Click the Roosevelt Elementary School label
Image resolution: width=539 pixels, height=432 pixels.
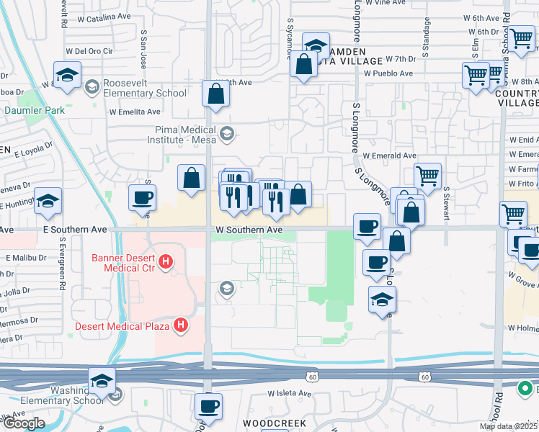coord(145,88)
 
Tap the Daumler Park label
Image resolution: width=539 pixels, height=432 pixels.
coord(35,110)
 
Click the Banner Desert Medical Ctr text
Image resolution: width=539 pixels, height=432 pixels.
coord(125,264)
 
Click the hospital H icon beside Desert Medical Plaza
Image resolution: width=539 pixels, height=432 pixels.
coord(181,325)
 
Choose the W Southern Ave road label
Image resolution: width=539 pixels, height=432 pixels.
coord(248,230)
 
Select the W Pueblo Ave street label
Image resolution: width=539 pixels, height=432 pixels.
coord(388,73)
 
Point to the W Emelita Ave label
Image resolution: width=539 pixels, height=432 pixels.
coord(135,112)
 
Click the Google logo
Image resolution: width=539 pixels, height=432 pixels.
coord(24,423)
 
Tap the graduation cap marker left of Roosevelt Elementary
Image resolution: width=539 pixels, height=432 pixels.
coord(67,74)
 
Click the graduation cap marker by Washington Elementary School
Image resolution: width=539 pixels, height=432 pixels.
coord(102,381)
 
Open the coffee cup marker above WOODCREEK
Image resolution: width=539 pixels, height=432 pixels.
coord(209,405)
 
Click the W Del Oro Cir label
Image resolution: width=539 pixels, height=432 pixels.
coord(90,51)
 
